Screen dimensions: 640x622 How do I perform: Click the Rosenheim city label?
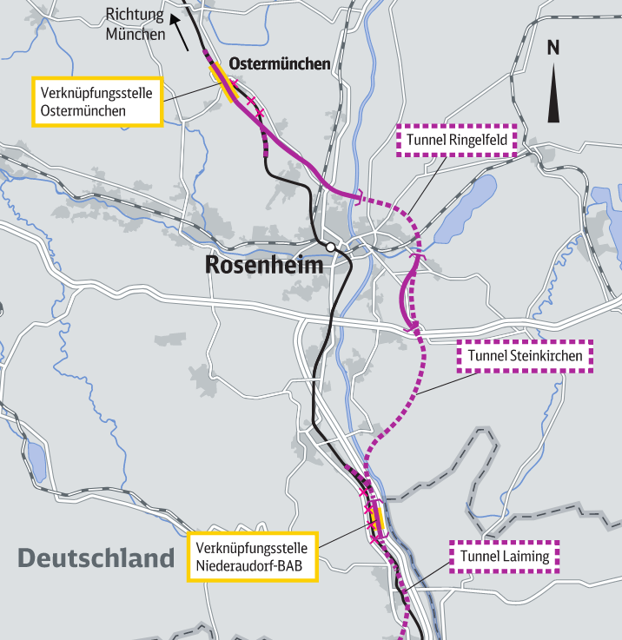point(263,265)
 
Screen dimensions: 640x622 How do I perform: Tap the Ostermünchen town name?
point(279,64)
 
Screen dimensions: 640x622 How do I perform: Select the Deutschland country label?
point(96,558)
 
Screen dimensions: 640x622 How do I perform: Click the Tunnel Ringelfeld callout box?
point(457,140)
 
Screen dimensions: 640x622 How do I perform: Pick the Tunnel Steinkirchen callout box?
point(526,356)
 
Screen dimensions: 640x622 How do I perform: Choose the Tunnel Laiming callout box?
point(505,557)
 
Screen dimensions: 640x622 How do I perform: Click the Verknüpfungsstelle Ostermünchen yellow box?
point(97,102)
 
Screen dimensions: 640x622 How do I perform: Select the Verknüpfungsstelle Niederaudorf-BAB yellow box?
point(254,557)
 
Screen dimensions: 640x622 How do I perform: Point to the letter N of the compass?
point(553,48)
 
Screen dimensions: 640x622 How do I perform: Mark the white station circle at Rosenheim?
point(330,247)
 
